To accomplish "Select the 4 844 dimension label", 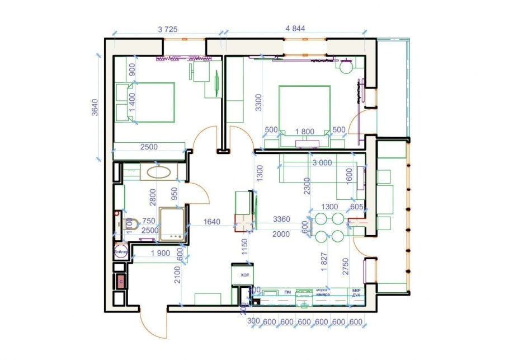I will [298, 29].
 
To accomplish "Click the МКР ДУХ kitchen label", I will [356, 292].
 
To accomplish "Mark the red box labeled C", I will [120, 281].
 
